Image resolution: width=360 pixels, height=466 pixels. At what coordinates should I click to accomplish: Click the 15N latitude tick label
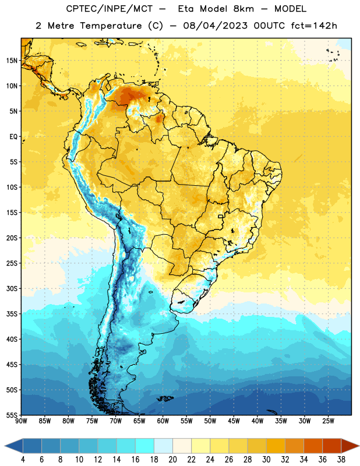[12, 61]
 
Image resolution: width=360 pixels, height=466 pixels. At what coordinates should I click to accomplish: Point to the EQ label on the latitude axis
[13, 137]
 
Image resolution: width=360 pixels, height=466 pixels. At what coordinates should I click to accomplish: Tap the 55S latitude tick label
[12, 415]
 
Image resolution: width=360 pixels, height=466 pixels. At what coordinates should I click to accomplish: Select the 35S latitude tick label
[12, 313]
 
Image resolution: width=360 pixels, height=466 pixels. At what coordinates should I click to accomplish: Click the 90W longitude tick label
[22, 421]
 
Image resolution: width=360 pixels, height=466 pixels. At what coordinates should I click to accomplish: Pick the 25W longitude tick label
[328, 421]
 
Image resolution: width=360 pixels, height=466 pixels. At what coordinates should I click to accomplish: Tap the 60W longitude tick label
[163, 421]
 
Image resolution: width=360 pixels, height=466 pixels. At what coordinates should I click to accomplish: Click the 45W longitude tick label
[234, 421]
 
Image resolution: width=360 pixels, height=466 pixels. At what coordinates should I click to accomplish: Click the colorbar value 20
[172, 459]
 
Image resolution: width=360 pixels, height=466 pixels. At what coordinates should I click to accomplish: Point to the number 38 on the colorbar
[341, 459]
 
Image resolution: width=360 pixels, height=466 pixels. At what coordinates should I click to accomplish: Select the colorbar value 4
[23, 459]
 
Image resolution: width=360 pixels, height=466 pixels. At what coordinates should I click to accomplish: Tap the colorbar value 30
[266, 459]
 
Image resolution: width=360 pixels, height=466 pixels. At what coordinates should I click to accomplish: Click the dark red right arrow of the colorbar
[350, 446]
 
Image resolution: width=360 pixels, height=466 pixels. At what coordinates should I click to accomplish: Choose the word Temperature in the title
[111, 26]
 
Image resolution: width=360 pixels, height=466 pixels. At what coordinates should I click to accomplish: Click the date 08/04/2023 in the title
[215, 26]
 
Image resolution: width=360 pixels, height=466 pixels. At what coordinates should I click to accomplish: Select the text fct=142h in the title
[314, 26]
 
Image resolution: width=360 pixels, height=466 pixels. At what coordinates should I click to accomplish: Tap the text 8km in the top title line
[243, 9]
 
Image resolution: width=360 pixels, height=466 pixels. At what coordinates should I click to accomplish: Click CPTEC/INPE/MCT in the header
[110, 9]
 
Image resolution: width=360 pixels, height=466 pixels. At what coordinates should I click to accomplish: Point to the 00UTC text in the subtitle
[269, 26]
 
